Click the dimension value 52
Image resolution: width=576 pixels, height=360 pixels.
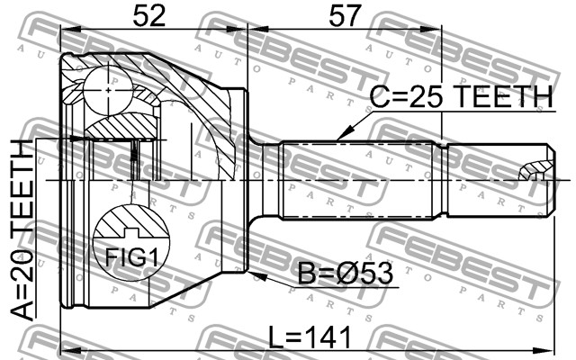[148, 16]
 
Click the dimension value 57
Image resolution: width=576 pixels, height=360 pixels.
[344, 16]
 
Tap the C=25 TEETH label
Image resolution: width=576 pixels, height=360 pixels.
[461, 97]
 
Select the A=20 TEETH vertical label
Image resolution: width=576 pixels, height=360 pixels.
[22, 230]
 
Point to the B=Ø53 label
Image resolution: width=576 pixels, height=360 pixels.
[345, 274]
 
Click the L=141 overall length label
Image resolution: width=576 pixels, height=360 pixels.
[310, 337]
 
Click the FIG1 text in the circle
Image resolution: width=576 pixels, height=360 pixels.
[131, 257]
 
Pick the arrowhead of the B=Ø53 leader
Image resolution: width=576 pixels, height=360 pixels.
[256, 275]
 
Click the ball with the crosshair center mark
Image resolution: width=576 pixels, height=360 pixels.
[108, 89]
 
